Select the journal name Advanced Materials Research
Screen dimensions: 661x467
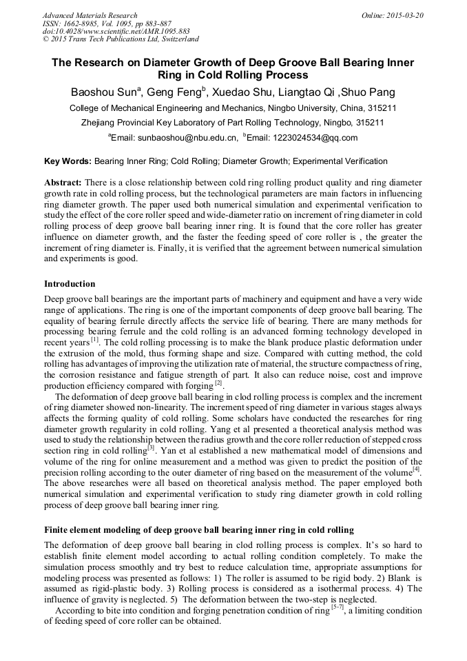click(90, 15)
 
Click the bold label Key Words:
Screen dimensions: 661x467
click(68, 161)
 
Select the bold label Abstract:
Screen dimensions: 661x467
click(63, 183)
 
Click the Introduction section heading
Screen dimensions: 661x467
click(70, 284)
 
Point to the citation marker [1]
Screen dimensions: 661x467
click(95, 340)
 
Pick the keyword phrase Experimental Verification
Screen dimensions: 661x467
click(339, 161)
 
